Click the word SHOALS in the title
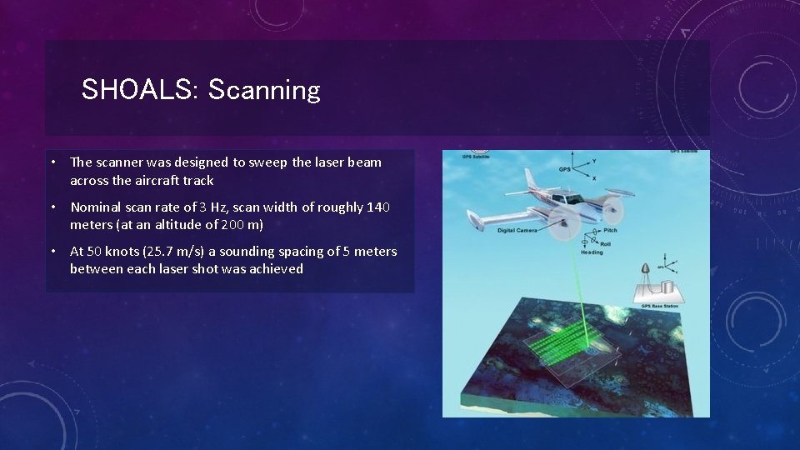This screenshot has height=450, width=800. pos(137,90)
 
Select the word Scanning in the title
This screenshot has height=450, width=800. pos(263,90)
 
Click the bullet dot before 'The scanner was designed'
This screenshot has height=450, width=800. pos(52,162)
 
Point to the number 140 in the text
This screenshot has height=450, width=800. pos(377,207)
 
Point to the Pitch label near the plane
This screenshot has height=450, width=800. pos(611,230)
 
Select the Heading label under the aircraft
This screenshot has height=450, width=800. pos(592,252)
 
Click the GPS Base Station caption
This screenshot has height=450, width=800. pos(659,307)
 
